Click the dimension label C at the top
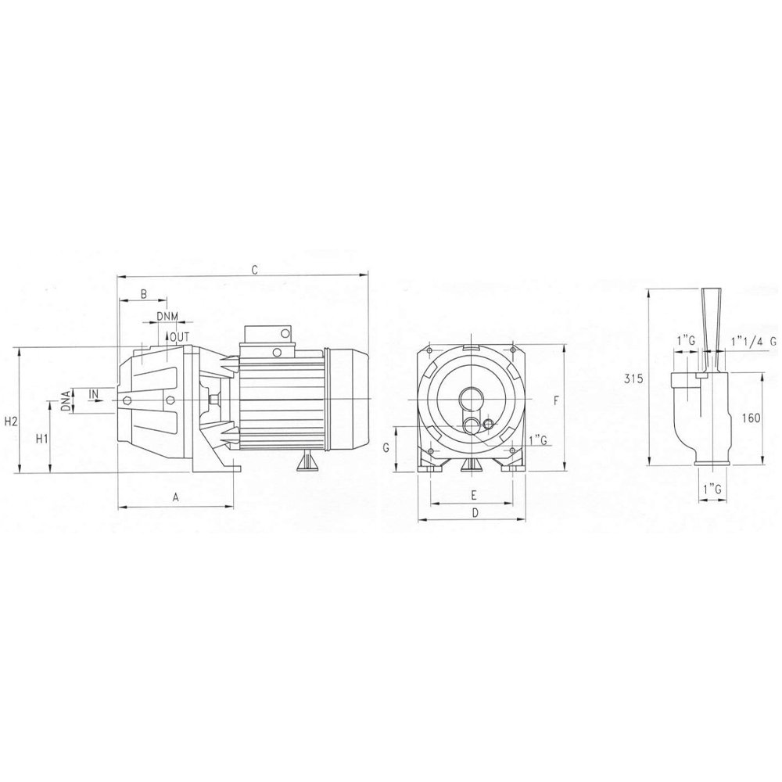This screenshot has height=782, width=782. (254, 270)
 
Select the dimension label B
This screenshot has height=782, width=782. (144, 294)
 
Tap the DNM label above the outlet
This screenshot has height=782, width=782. (167, 316)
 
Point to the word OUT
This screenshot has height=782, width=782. (180, 337)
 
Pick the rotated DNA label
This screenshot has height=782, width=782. (66, 400)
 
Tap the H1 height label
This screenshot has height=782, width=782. (42, 439)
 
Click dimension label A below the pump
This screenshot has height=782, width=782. (175, 497)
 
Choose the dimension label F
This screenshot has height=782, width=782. (557, 400)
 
